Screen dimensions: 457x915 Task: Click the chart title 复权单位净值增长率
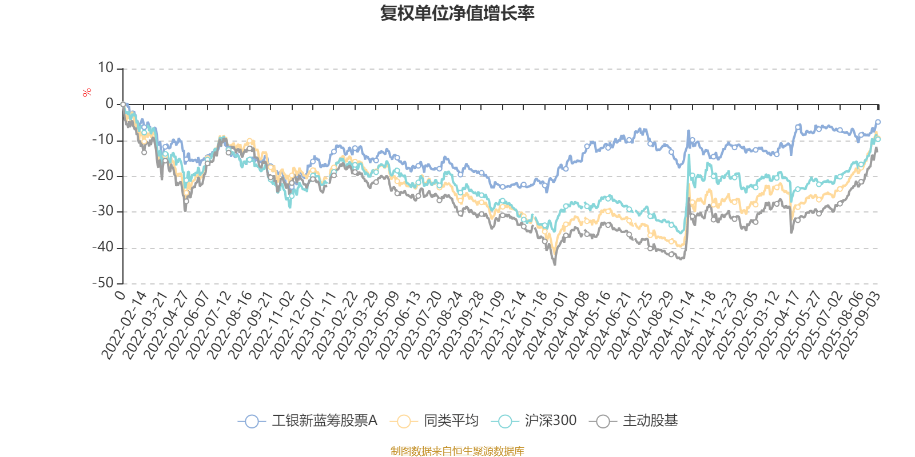[x=457, y=13]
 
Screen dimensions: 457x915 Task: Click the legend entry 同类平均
[x=435, y=422]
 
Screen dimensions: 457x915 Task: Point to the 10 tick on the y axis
[x=106, y=68]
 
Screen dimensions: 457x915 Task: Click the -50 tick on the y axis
[x=103, y=283]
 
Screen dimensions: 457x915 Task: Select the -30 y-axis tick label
[x=103, y=211]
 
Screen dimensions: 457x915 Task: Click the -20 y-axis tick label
[x=103, y=176]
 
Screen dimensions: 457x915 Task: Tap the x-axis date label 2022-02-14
[x=125, y=326]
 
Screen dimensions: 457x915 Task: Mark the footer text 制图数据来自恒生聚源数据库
[x=457, y=451]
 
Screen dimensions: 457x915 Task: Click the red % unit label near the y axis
[x=87, y=93]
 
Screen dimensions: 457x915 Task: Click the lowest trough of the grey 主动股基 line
[x=555, y=264]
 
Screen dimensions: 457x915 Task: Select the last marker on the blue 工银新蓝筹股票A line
[x=878, y=122]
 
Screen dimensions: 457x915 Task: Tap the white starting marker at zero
[x=123, y=105]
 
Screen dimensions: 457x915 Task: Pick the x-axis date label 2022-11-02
[x=272, y=326]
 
